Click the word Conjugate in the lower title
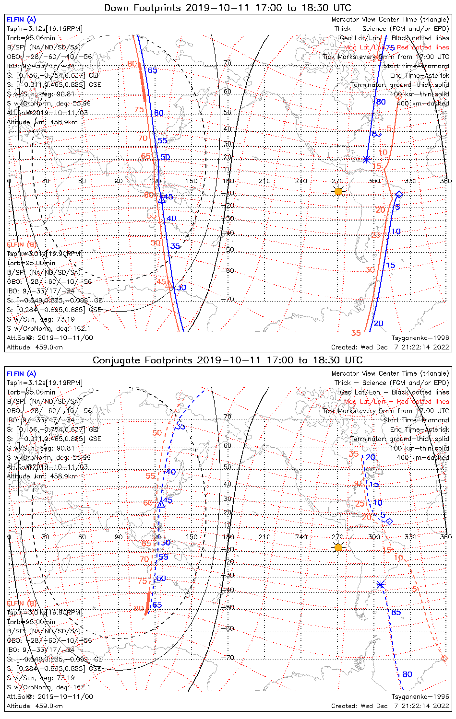click(x=114, y=360)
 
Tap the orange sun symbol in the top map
click(x=338, y=192)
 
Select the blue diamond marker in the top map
click(x=399, y=194)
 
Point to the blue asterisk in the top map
click(x=367, y=159)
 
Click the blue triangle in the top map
click(x=161, y=199)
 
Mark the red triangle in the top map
click(x=168, y=285)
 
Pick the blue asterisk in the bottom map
click(x=381, y=584)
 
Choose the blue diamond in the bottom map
click(x=389, y=521)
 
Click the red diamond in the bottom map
click(x=444, y=658)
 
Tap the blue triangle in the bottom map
click(x=161, y=504)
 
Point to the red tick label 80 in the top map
click(x=132, y=64)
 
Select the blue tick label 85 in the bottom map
click(x=396, y=612)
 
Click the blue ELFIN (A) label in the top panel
click(x=21, y=20)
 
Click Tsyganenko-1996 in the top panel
click(x=420, y=338)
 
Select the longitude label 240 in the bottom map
click(x=301, y=537)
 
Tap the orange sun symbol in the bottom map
click(x=338, y=547)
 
